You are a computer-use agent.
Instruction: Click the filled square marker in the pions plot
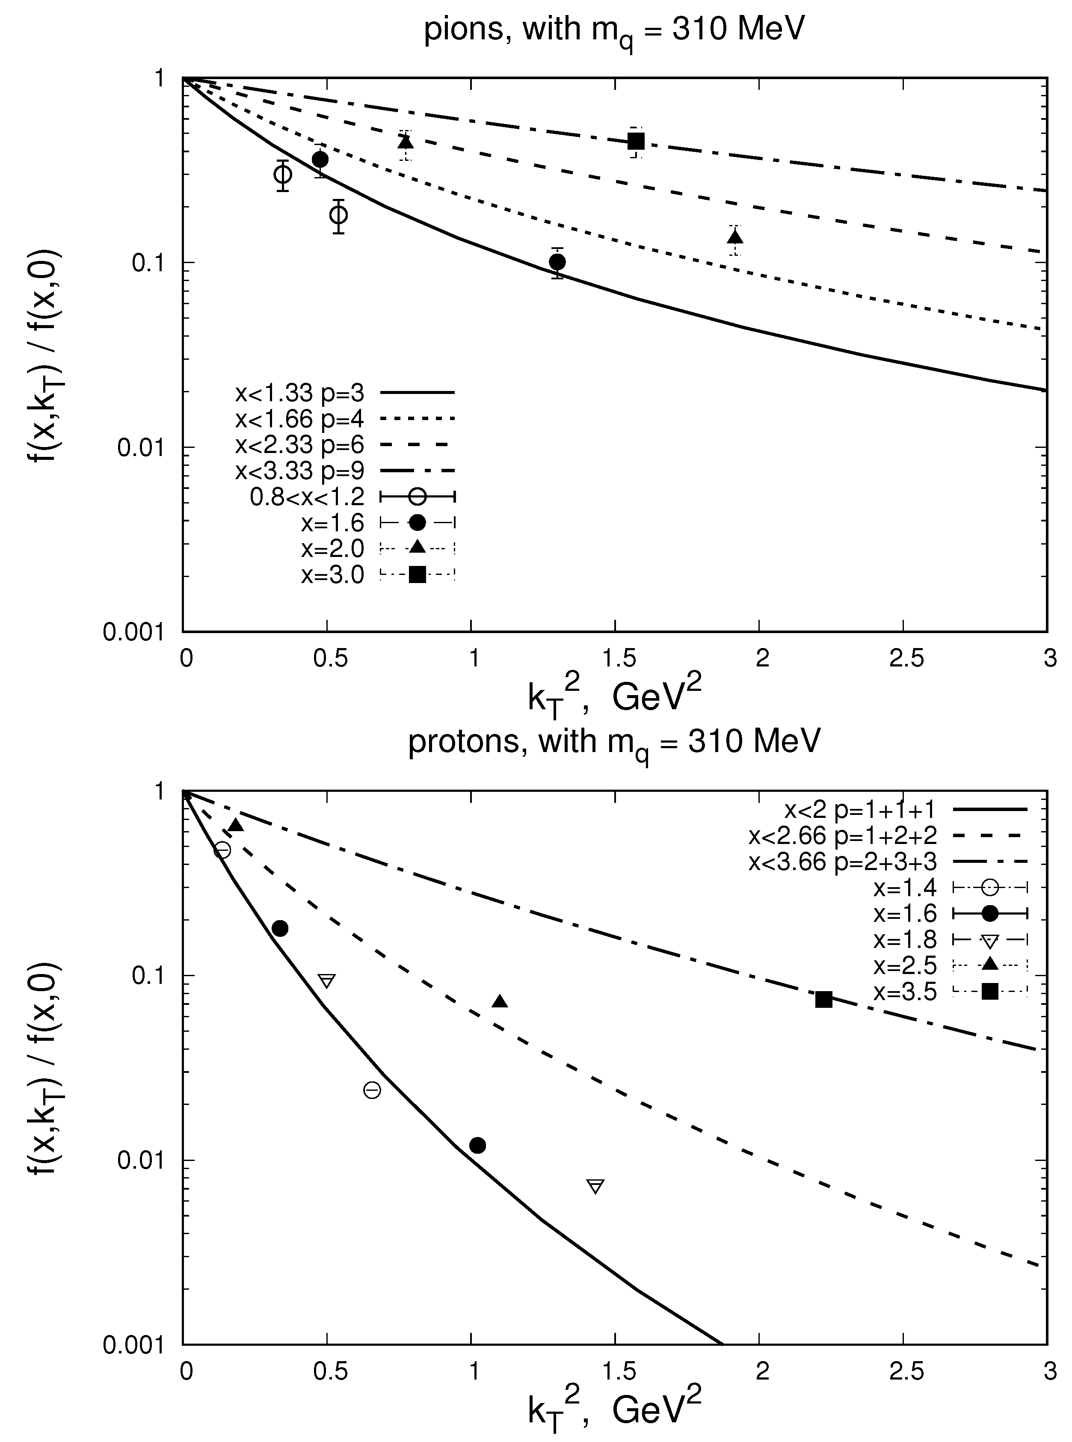coord(636,141)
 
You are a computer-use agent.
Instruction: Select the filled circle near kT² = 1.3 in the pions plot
coord(557,261)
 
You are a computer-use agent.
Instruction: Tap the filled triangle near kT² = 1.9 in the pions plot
coord(734,237)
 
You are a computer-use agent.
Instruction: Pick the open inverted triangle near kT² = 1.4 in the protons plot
coord(595,1186)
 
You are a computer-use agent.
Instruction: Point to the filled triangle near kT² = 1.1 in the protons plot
coord(499,1001)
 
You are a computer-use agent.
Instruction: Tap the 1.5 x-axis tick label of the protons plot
coord(619,1371)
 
